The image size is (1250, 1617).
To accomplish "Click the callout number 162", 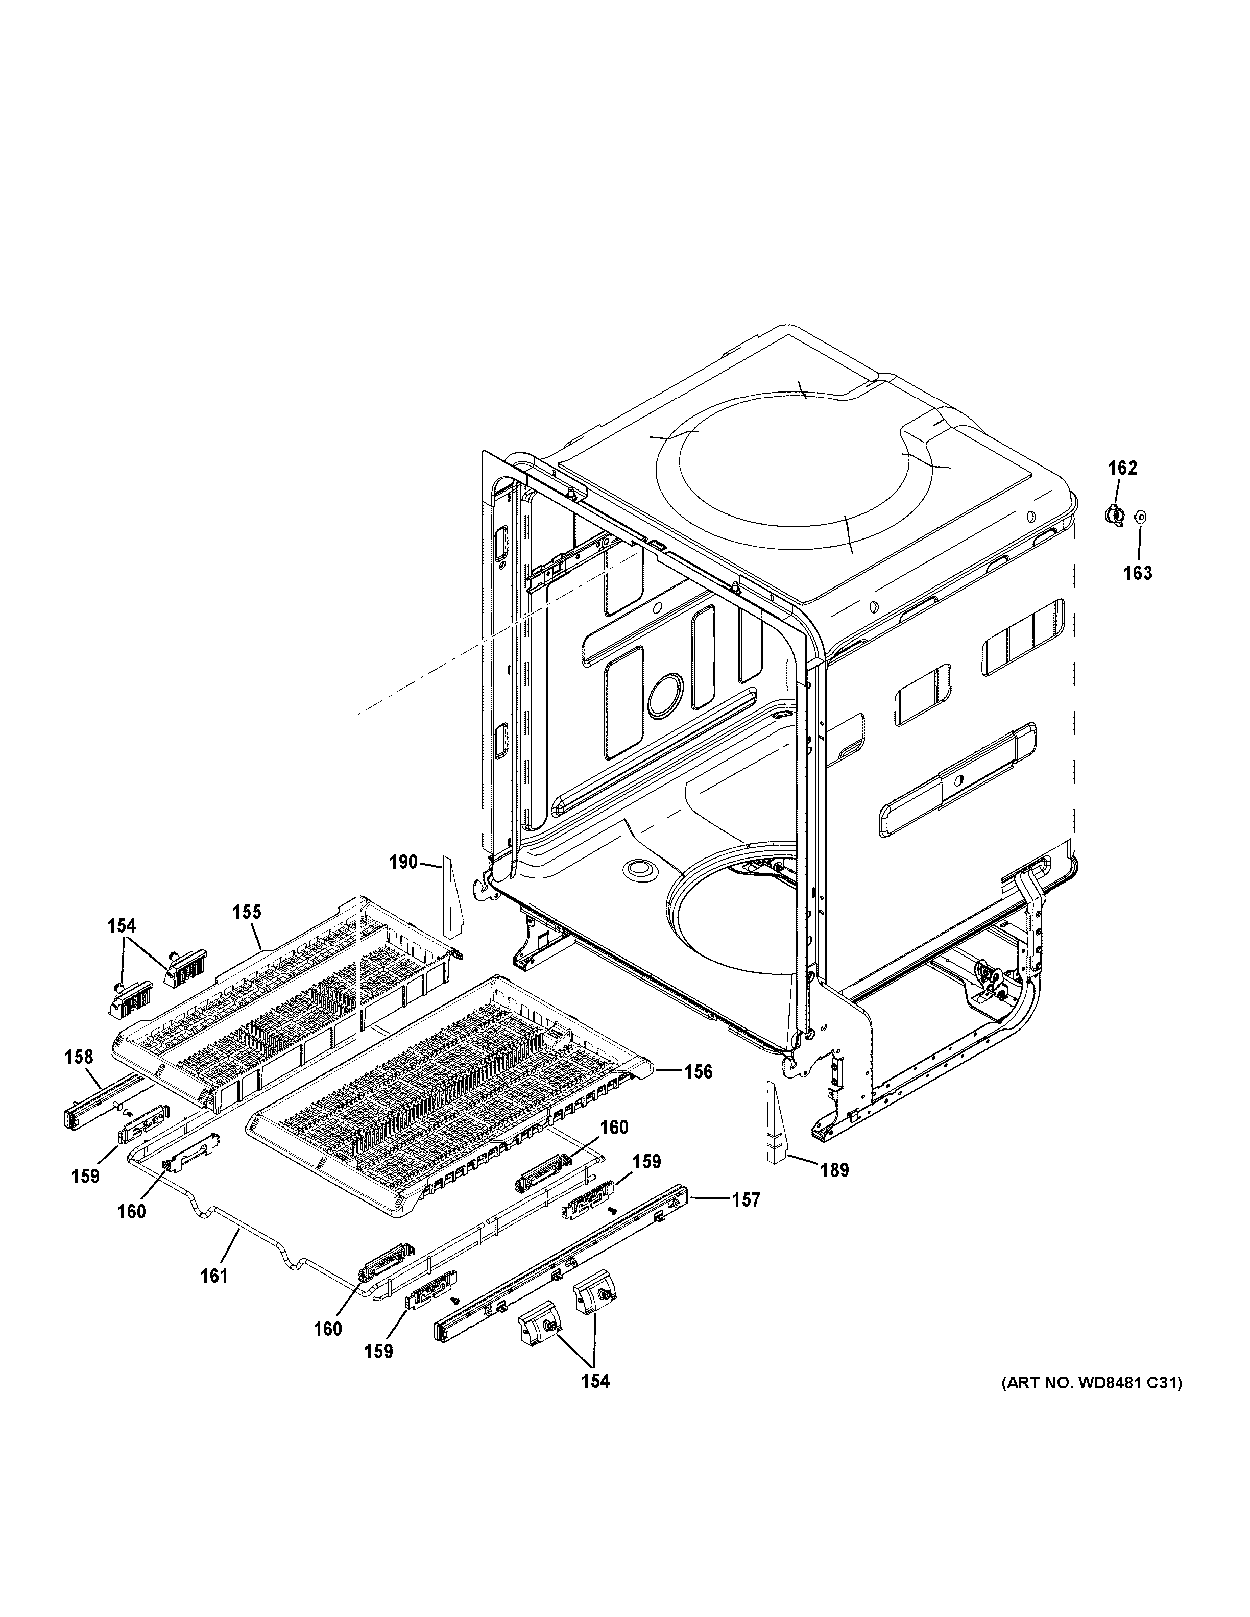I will coord(1122,468).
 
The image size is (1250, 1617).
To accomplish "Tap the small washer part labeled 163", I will coord(1140,516).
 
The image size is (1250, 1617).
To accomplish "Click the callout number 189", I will coord(834,1170).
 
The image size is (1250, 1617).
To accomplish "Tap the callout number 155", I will coord(247,912).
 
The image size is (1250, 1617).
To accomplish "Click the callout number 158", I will coord(79,1057).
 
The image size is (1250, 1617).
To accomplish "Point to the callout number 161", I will coord(214,1275).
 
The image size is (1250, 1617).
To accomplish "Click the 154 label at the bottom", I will coord(595,1381).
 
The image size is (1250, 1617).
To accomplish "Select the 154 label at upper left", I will coord(122,925).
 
